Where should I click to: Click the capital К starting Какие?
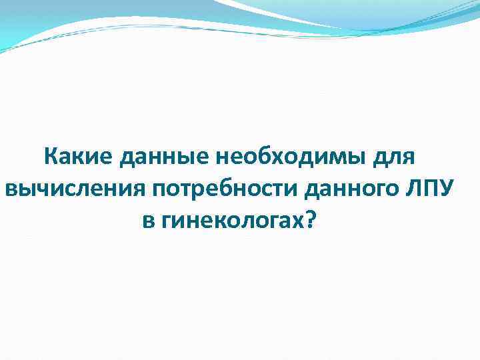(x=50, y=158)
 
